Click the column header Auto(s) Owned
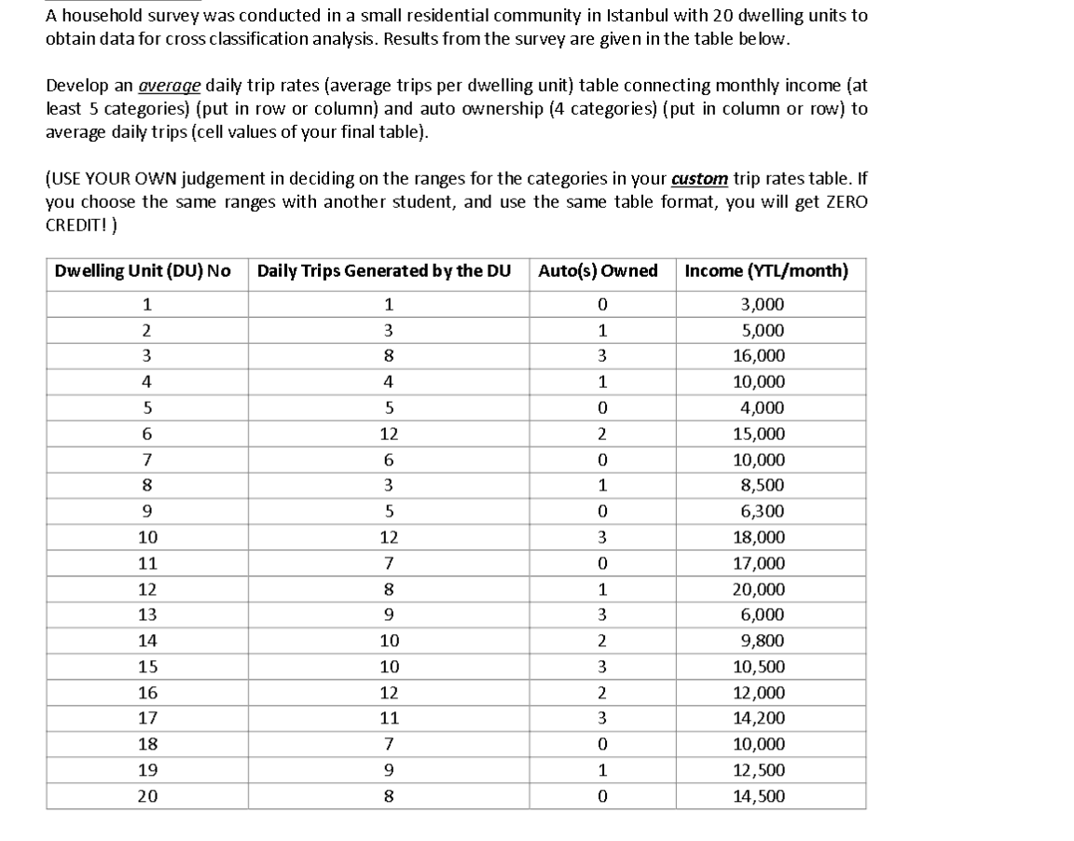pyautogui.click(x=598, y=271)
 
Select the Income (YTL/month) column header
pyautogui.click(x=765, y=271)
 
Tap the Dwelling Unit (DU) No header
pyautogui.click(x=143, y=271)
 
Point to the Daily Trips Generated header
pyautogui.click(x=383, y=271)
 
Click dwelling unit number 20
pyautogui.click(x=147, y=795)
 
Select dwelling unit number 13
pyautogui.click(x=147, y=614)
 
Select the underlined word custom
pyautogui.click(x=699, y=178)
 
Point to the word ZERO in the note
pyautogui.click(x=847, y=201)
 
